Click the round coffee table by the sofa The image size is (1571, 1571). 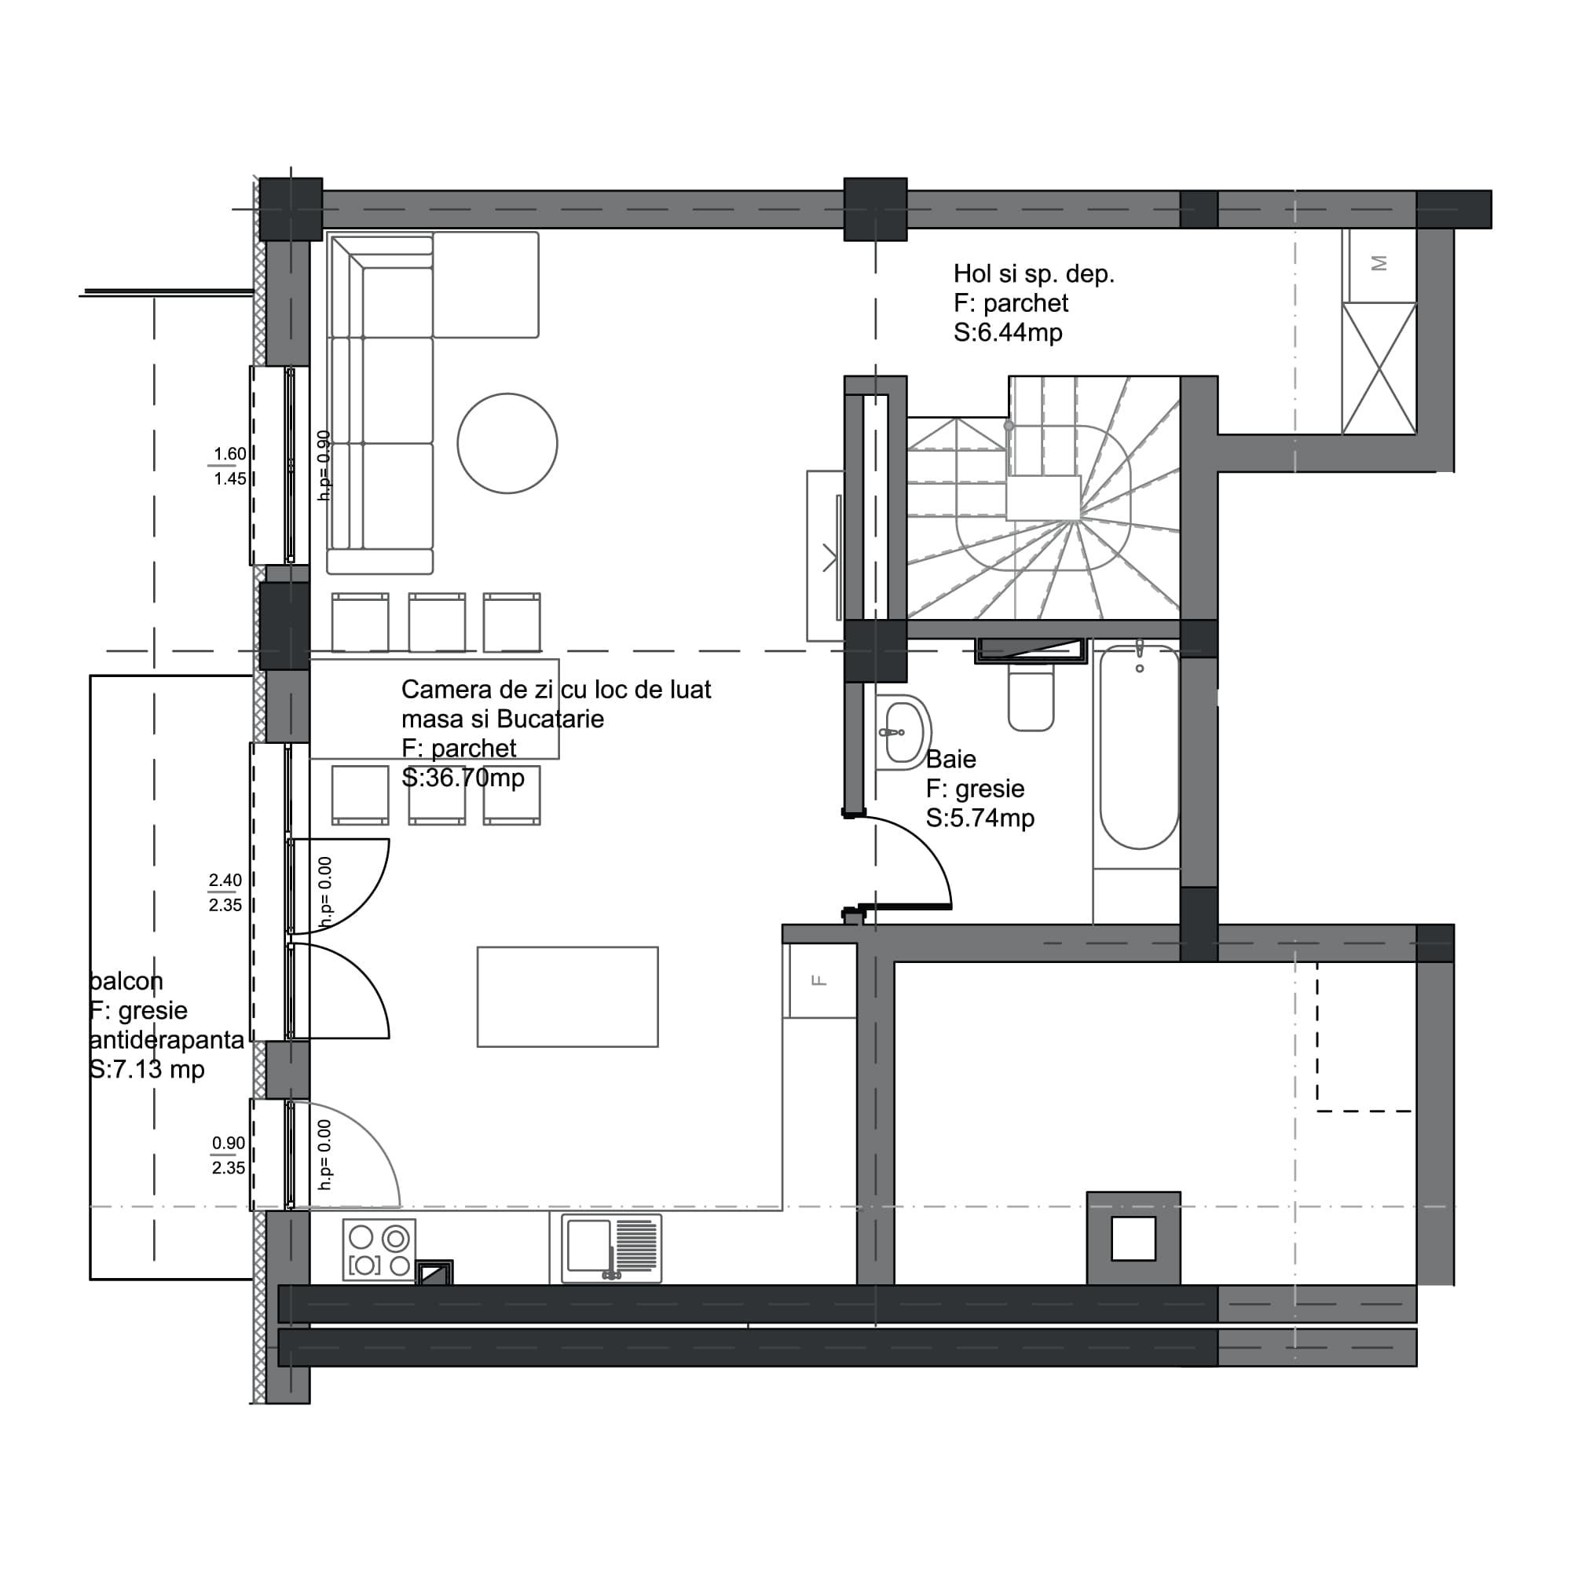coord(507,443)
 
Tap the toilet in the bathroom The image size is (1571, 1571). coord(1031,697)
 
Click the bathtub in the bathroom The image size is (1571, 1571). coord(1138,748)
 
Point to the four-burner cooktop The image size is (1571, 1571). coord(379,1250)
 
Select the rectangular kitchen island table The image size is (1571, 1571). coord(568,996)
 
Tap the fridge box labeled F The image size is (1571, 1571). coord(819,980)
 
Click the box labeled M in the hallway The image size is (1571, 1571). coord(1379,263)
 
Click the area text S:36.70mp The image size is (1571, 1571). coord(463,778)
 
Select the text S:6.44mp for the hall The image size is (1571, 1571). coord(1008,332)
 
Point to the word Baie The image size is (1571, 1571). coord(950,760)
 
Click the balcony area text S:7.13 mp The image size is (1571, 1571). coord(146,1069)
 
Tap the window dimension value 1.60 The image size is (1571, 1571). coord(229,454)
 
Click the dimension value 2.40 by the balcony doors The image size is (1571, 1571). coord(225,880)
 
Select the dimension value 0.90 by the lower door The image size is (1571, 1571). coord(229,1142)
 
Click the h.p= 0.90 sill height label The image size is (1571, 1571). coord(324,465)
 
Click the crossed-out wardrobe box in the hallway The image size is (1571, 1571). coord(1379,368)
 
